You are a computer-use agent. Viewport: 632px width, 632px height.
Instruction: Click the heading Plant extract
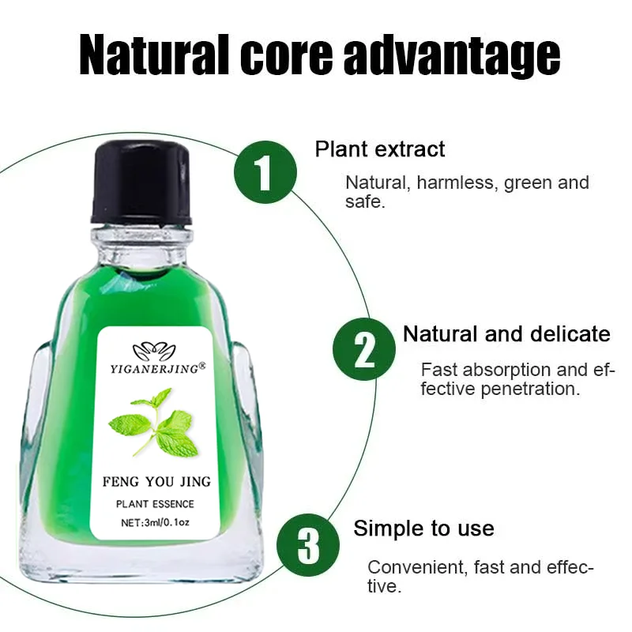[380, 149]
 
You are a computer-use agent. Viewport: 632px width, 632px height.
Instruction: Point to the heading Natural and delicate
[506, 333]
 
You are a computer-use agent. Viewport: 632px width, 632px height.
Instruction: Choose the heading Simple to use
[423, 528]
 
